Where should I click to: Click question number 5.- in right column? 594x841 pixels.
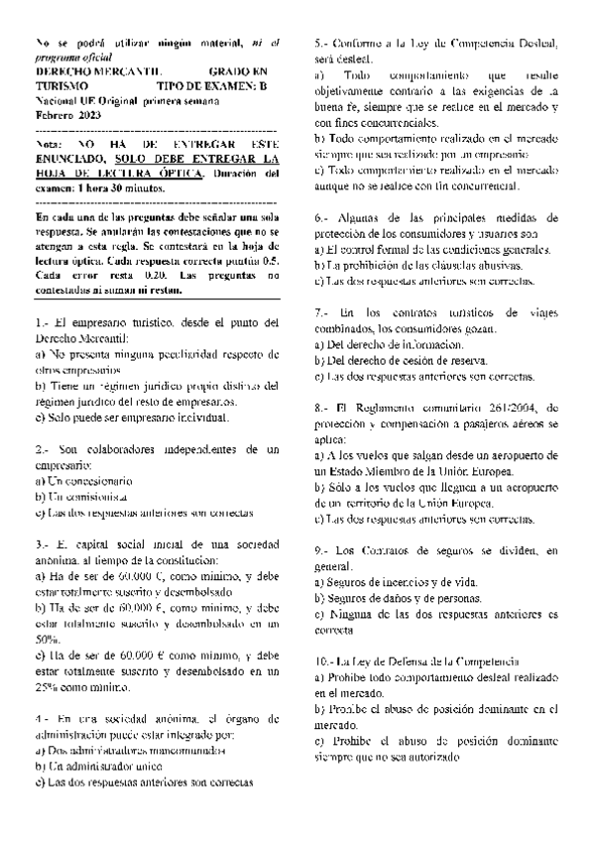pyautogui.click(x=321, y=43)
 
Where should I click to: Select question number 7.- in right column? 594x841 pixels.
pyautogui.click(x=320, y=312)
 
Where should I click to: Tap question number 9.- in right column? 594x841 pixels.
pyautogui.click(x=320, y=549)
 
